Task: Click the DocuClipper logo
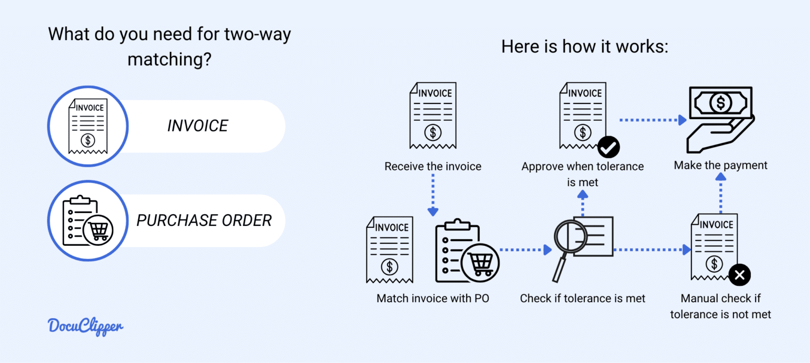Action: point(85,326)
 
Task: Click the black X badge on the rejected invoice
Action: point(739,274)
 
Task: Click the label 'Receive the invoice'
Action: point(432,167)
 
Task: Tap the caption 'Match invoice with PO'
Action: point(432,299)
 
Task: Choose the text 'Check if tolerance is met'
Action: point(582,299)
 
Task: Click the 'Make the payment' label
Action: point(720,166)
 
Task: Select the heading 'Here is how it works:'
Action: point(584,46)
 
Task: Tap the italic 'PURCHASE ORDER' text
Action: point(204,221)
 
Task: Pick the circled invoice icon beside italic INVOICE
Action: point(88,127)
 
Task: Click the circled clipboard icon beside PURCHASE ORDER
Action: point(88,221)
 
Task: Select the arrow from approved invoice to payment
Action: point(653,120)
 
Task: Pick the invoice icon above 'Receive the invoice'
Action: point(432,115)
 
